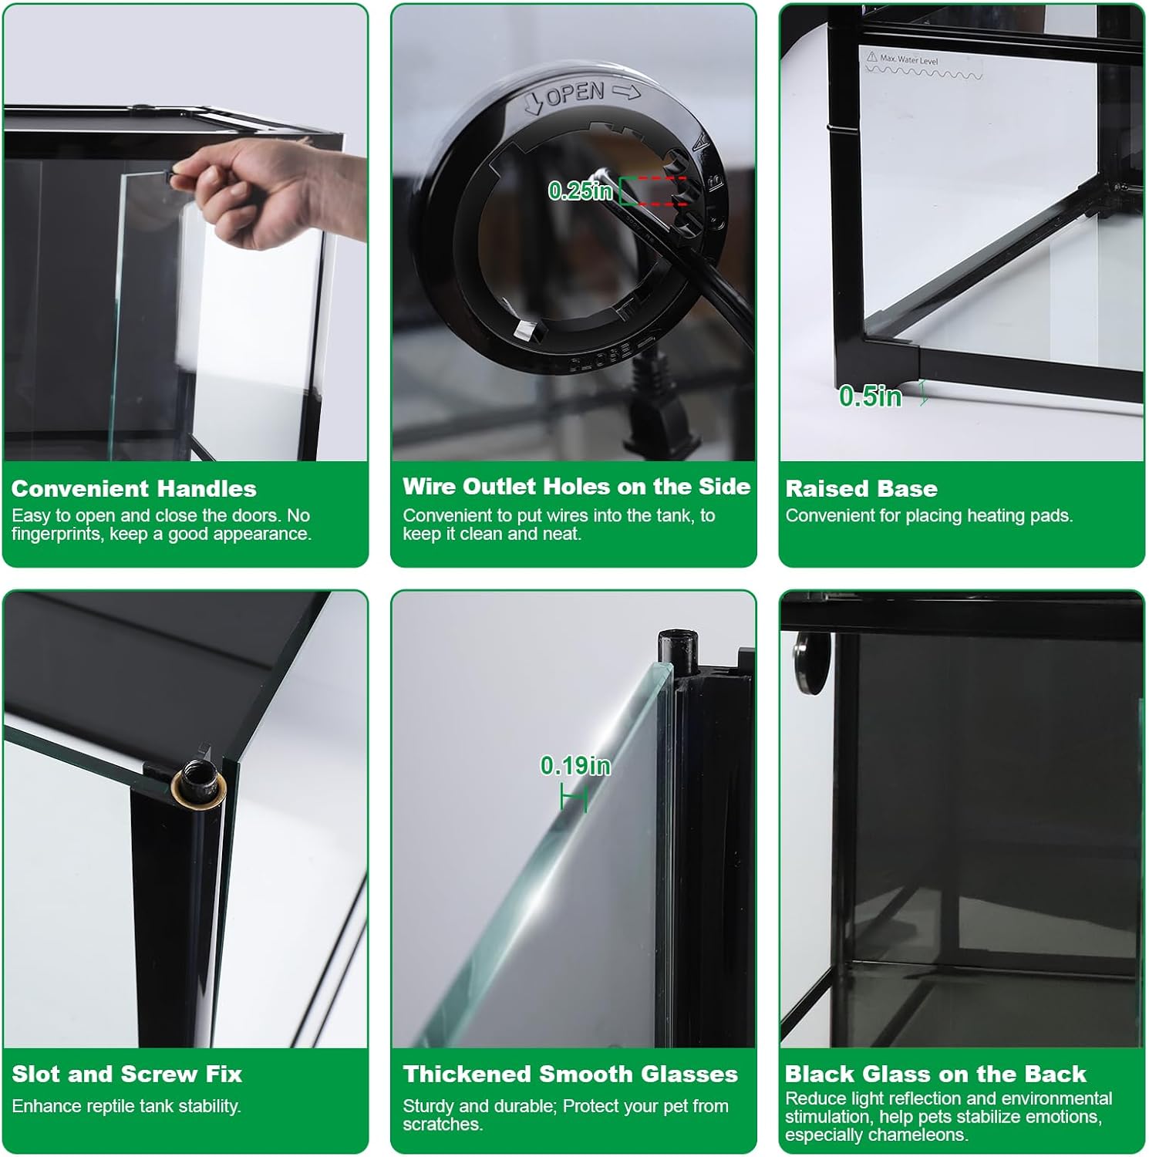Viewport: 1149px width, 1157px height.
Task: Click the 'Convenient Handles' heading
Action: coord(133,488)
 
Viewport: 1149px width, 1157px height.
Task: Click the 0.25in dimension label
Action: coord(580,191)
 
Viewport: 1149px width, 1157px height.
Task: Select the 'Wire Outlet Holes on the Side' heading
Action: coord(576,486)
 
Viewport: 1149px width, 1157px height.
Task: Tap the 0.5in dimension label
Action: coord(870,396)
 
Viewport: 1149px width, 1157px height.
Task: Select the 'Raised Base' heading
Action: coord(861,488)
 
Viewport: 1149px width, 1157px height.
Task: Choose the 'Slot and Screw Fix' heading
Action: coord(126,1074)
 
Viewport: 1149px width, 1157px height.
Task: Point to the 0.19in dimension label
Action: coord(575,765)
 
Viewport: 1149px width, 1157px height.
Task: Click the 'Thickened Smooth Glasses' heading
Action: coord(570,1074)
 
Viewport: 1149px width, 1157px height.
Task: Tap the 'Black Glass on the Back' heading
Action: coord(935,1074)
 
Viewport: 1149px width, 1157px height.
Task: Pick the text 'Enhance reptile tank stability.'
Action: coord(126,1106)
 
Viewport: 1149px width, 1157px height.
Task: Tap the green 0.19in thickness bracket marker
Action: coord(574,796)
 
